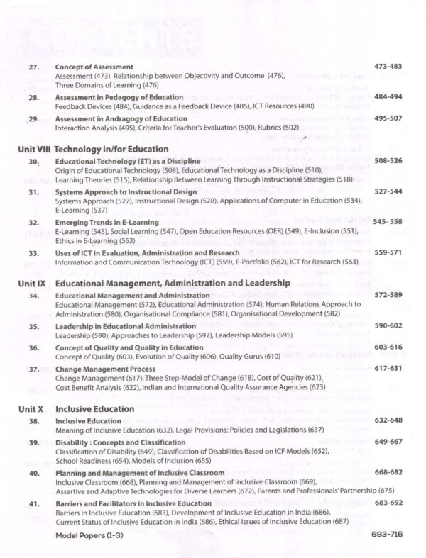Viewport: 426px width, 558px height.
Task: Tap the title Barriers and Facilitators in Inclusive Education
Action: pos(133,503)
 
